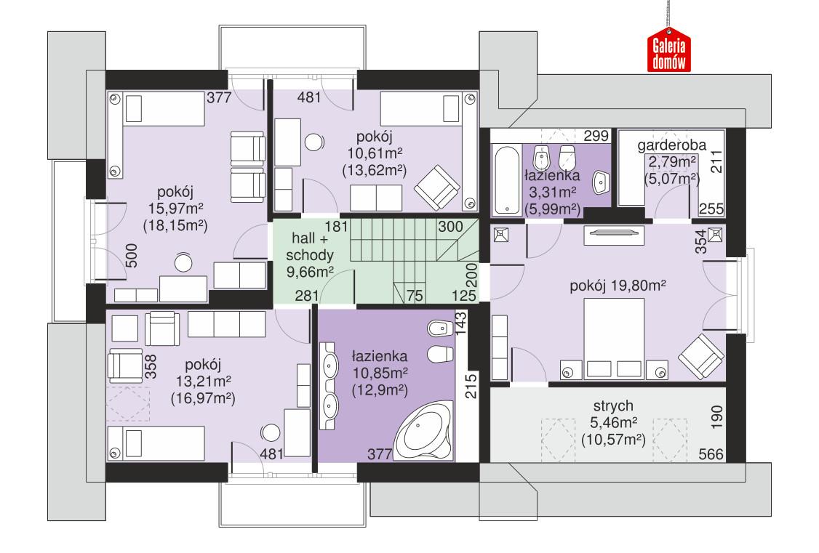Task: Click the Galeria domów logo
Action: [668, 52]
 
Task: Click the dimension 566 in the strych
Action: [710, 455]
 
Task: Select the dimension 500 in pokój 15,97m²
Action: [132, 257]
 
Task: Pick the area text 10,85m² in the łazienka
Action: [378, 372]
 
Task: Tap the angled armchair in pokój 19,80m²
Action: [703, 357]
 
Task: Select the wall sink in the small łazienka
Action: [600, 182]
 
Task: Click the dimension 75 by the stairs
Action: [415, 295]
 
